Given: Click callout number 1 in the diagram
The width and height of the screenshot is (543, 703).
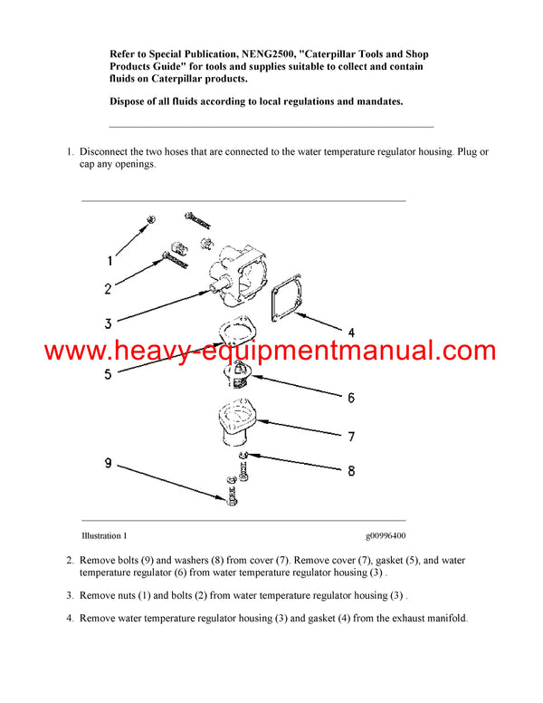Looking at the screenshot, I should tap(110, 261).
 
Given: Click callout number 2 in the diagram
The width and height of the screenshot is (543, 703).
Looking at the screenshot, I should tap(109, 290).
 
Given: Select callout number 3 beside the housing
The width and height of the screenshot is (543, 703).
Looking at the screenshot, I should tap(108, 323).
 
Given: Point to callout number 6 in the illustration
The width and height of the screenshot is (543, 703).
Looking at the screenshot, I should tap(350, 398).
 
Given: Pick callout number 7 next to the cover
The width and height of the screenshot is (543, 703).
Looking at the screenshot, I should tap(351, 437).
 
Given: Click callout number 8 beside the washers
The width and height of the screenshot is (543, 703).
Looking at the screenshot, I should tap(351, 471).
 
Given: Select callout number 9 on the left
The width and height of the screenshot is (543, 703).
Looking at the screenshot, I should tap(108, 464).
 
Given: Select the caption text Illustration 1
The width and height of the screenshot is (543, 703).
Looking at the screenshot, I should tap(104, 535).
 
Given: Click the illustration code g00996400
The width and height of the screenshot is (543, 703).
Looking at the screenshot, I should tap(386, 535).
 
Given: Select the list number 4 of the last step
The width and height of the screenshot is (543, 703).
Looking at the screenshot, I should tap(70, 618).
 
